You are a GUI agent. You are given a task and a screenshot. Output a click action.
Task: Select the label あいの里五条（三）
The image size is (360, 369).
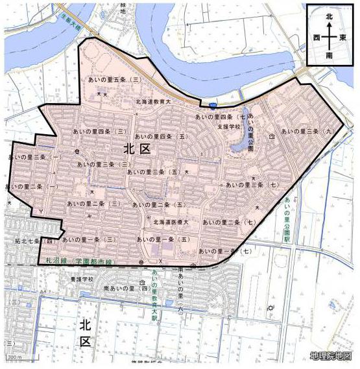coord(116,79)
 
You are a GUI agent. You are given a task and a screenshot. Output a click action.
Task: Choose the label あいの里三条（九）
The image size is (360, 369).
coord(309,131)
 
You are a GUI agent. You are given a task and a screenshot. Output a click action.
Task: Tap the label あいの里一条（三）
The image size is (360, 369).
coord(91,239)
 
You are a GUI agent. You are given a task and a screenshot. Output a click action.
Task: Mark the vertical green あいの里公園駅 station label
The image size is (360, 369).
coord(285,220)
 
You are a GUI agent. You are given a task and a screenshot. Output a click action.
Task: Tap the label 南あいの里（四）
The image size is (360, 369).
coord(126,287)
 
